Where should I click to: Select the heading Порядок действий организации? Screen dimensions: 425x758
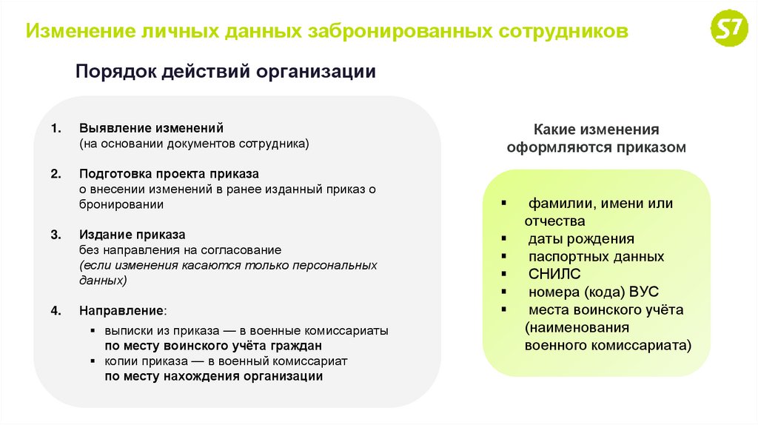(226, 72)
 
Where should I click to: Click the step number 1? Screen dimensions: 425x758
(55, 128)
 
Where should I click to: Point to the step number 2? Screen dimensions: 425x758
(55, 174)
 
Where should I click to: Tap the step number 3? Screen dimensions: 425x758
(55, 235)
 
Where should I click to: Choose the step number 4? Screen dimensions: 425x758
(55, 310)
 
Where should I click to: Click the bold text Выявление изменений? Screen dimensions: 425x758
(151, 128)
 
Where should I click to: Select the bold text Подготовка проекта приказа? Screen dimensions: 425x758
(169, 174)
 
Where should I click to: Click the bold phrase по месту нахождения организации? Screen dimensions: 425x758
(213, 376)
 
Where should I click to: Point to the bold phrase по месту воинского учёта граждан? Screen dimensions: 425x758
(213, 346)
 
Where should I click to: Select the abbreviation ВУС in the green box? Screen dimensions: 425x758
(643, 292)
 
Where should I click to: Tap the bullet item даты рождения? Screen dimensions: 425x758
(581, 239)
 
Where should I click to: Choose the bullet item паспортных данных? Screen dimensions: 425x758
(596, 257)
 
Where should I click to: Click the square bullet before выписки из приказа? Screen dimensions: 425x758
(93, 331)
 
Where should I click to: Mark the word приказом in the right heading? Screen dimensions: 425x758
(651, 147)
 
